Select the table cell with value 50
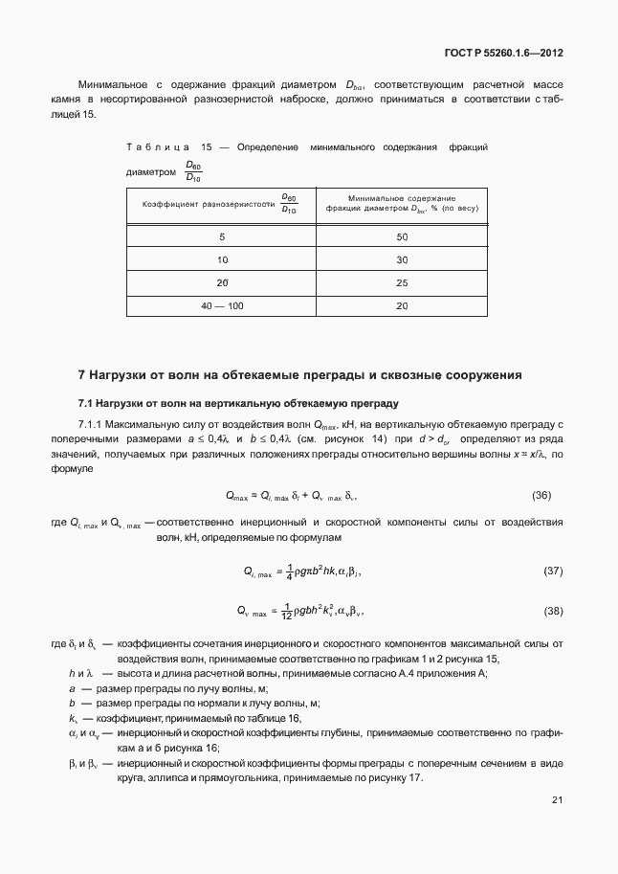tap(402, 235)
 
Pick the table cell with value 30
tap(402, 259)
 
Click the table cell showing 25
tap(402, 282)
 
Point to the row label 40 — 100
tap(222, 305)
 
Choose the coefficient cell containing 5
tap(222, 235)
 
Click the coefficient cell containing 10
tap(222, 259)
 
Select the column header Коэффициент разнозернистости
tap(220, 204)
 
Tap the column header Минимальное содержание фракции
tap(402, 204)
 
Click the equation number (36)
tap(541, 496)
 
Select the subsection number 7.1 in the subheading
tap(85, 402)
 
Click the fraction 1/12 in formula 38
tap(287, 611)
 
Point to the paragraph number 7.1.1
tap(91, 423)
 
